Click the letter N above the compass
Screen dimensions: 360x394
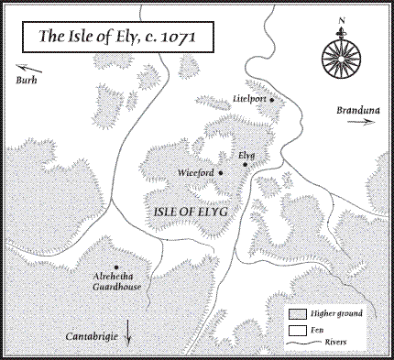click(342, 20)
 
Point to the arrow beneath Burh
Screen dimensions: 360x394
click(30, 68)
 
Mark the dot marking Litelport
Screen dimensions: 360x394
click(272, 99)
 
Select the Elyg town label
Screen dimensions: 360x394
click(246, 156)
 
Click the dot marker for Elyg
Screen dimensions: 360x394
click(245, 166)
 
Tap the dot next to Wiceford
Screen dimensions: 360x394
click(220, 171)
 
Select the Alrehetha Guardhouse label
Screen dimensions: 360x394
click(116, 279)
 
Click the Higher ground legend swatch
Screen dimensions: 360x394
click(294, 313)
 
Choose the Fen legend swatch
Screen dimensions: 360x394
click(294, 329)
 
